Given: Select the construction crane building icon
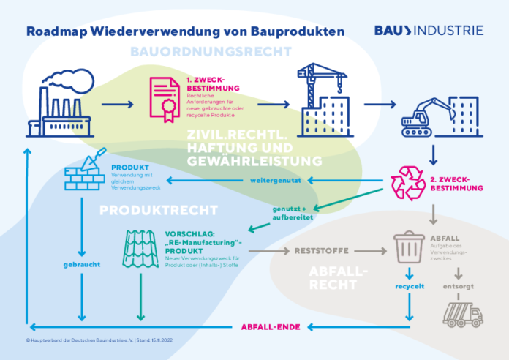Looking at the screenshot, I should click(x=322, y=99).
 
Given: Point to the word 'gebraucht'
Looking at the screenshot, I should click(x=80, y=263).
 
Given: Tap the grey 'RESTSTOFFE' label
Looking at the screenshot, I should click(x=317, y=250).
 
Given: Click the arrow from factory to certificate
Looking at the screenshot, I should click(x=117, y=105).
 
